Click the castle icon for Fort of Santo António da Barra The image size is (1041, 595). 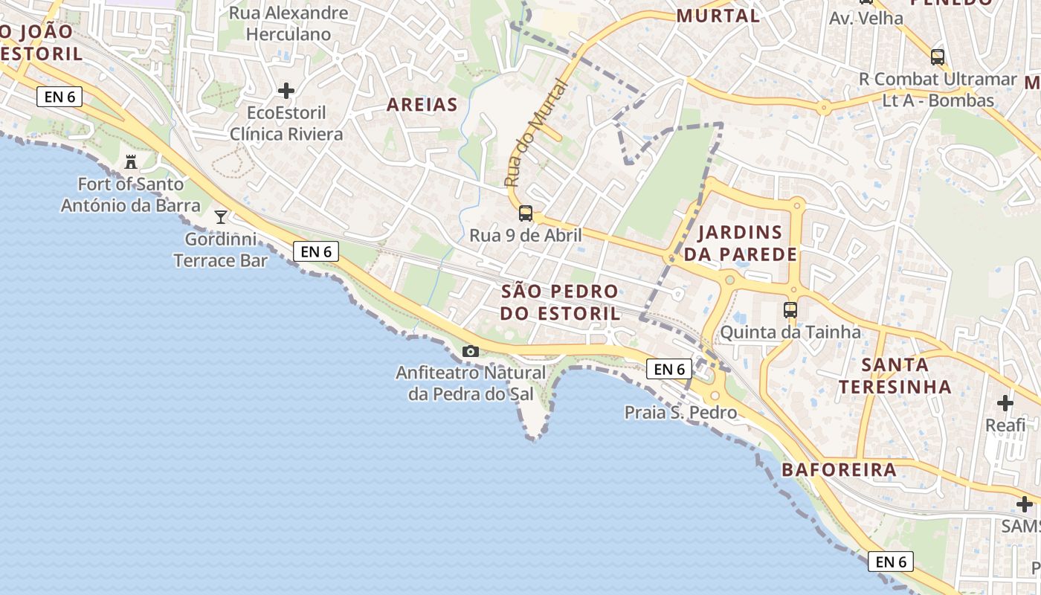131,161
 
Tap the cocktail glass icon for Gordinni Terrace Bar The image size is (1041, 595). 221,216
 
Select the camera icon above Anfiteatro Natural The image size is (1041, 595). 470,351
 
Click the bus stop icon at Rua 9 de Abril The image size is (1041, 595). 525,213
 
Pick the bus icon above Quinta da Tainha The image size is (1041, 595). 790,310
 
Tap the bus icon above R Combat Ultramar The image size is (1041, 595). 937,57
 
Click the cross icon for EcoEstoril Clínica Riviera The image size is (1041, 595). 286,91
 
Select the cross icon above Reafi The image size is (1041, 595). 1005,403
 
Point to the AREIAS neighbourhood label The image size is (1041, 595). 422,105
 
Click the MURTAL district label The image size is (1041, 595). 718,16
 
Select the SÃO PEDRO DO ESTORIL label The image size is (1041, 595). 559,302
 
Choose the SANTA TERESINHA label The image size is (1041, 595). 895,376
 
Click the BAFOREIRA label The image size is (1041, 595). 839,470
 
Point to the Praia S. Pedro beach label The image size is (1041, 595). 680,412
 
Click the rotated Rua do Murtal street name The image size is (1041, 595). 535,134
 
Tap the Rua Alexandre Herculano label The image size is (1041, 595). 289,23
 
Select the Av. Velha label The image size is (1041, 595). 866,19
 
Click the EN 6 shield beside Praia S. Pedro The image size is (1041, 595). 669,369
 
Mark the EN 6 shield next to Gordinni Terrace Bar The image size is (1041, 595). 316,251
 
